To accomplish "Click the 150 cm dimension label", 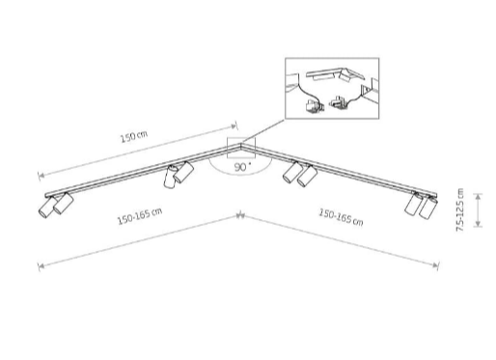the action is point(134,137).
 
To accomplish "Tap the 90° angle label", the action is point(243,167).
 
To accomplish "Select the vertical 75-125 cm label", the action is point(460,209).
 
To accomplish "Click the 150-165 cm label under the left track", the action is point(140,216).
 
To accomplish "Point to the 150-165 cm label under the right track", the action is point(341,217).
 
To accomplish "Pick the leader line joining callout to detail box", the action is point(263,130).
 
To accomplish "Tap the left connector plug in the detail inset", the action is point(314,106).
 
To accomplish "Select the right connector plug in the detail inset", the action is point(339,102).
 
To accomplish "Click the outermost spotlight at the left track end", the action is point(47,207).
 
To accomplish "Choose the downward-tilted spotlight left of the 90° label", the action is point(170,177).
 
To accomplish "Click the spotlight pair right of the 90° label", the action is point(300,174).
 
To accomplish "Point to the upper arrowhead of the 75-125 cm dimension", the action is point(479,195).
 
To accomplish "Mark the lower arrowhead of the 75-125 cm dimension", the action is point(479,225).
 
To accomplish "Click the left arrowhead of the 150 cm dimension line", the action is point(40,176).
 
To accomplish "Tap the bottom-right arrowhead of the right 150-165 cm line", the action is point(437,265).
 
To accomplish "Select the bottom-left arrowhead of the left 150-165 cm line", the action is point(40,266).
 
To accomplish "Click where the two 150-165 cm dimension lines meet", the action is point(239,215).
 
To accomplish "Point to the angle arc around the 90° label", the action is point(239,175).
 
